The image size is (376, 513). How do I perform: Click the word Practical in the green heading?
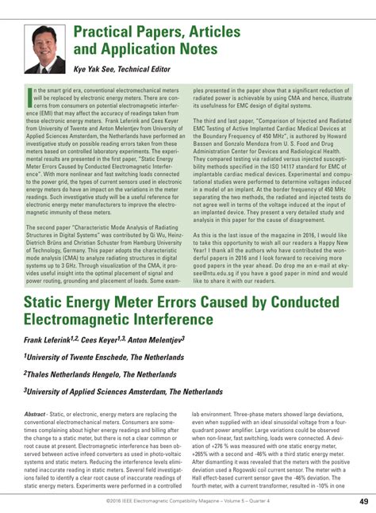(109, 33)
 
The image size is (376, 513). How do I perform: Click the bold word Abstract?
(35, 415)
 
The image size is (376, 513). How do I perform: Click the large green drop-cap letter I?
(29, 98)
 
